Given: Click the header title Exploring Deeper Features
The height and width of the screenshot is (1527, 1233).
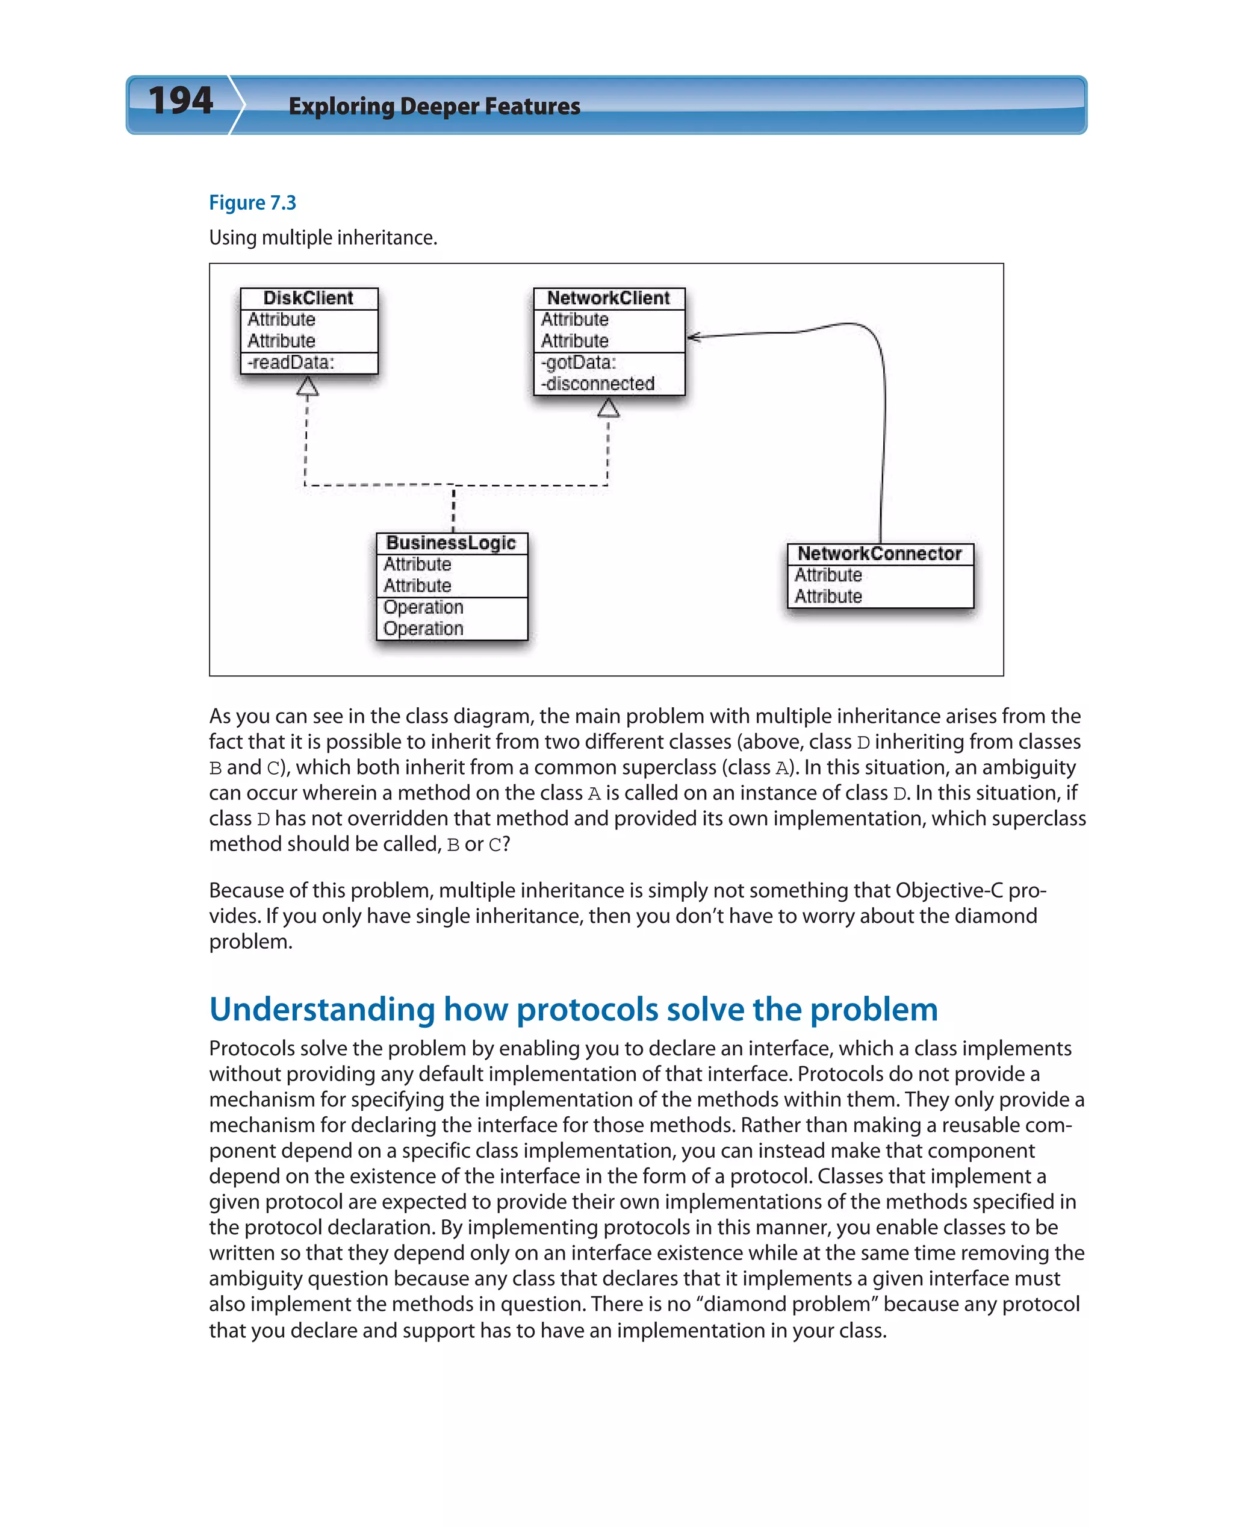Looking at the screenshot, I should pos(434,107).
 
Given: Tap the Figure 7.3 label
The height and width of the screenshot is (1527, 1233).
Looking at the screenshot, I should pos(252,203).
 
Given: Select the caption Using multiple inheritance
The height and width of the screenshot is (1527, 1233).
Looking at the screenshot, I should pos(323,237).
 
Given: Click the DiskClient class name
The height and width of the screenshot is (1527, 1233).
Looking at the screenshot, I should pos(308,298).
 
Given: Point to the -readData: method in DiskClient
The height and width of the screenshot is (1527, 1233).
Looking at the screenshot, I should pos(291,363).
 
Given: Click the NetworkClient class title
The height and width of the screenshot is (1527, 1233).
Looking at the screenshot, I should pos(608,298).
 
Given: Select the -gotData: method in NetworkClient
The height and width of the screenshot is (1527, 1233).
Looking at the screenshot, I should pos(578,363).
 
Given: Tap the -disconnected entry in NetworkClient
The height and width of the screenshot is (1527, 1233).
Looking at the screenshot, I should pos(597,384).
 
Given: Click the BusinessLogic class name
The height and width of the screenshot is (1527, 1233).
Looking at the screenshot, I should pos(451,543).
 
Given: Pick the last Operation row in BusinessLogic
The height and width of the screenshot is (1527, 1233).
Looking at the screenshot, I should pos(423,629).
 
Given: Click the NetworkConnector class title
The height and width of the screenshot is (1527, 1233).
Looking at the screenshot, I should pos(879,554).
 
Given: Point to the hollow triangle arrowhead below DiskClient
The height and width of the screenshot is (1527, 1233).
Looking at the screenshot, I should pos(308,387).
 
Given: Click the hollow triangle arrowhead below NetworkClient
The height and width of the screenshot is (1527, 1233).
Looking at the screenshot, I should pos(608,408).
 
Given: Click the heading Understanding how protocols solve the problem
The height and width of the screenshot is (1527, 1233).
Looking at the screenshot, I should pos(573,1009).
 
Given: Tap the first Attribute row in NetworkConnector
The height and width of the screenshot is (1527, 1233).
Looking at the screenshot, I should pos(828,575).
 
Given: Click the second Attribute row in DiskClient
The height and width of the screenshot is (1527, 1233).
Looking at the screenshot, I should pos(281,341).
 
